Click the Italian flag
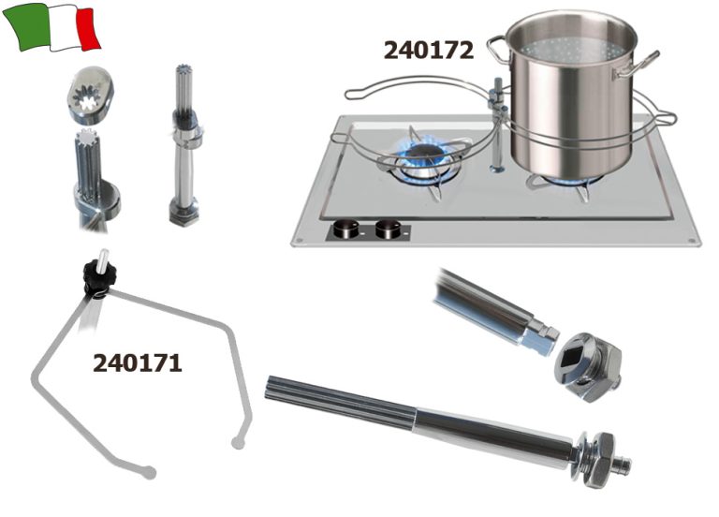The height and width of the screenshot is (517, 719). (51, 26)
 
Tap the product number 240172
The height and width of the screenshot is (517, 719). (428, 50)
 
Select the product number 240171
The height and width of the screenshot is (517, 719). (138, 363)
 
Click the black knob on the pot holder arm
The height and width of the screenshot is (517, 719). (99, 277)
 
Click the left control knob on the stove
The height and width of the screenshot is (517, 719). (346, 229)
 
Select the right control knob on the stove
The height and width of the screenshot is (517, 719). (388, 229)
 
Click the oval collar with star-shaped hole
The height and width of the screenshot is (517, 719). (91, 96)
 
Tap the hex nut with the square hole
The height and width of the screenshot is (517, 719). (587, 365)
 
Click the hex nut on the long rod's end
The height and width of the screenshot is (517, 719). (601, 459)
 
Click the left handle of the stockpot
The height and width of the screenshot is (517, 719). (498, 51)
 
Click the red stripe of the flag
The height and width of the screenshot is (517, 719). (88, 28)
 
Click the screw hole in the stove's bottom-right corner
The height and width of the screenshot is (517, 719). (691, 241)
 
